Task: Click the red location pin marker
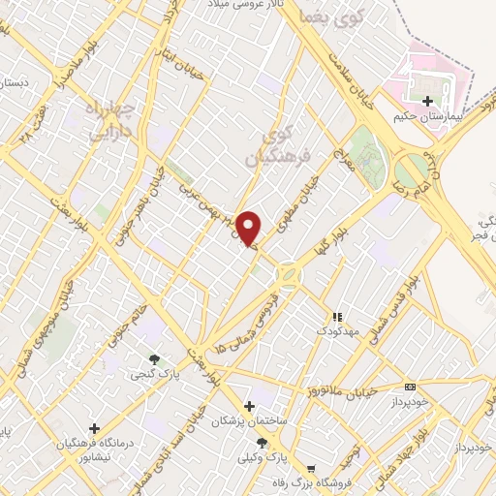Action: click(x=248, y=228)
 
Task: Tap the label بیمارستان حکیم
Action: click(x=428, y=116)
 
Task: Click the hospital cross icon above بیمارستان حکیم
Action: click(x=427, y=101)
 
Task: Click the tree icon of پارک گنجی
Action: click(x=155, y=360)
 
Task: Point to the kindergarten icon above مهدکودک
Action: click(x=337, y=317)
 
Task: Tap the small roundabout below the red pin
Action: click(x=288, y=275)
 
